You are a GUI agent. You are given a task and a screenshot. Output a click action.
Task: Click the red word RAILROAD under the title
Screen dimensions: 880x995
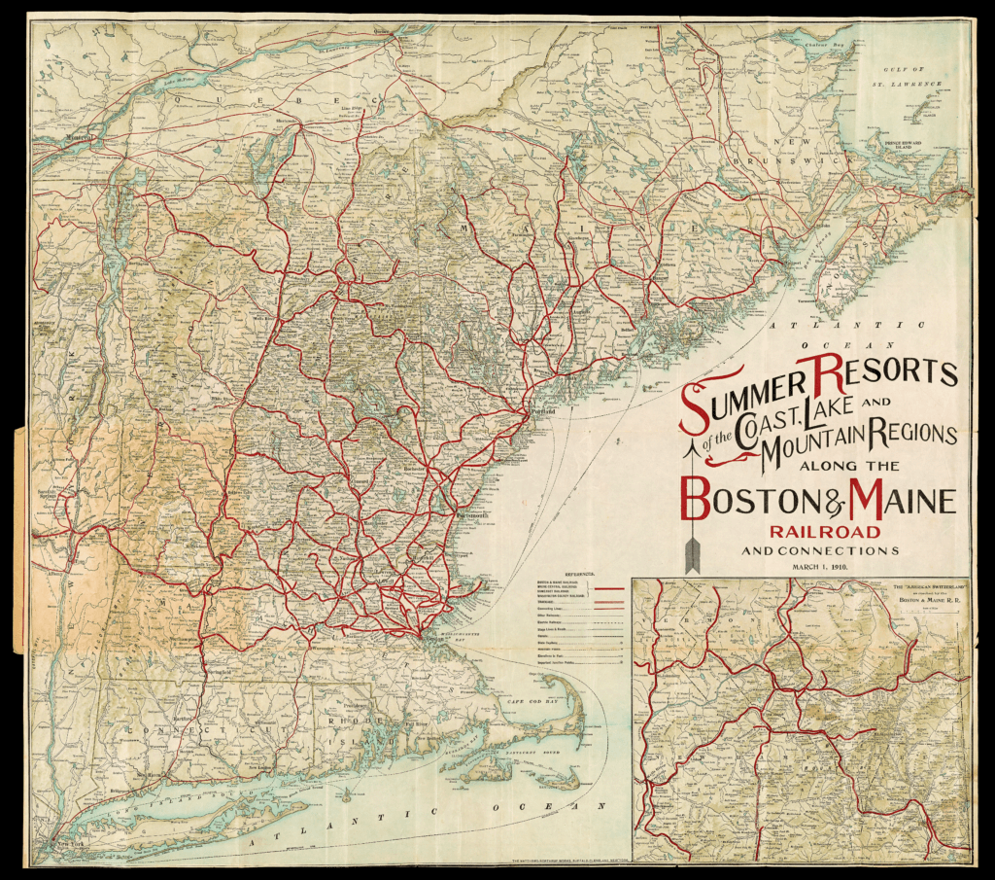pos(825,532)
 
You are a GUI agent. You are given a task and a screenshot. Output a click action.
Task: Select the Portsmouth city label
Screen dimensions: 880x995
pos(465,514)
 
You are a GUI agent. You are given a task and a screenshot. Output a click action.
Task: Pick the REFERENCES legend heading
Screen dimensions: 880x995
pos(579,575)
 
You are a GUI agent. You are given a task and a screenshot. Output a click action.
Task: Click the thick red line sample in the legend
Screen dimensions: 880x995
pos(607,589)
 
